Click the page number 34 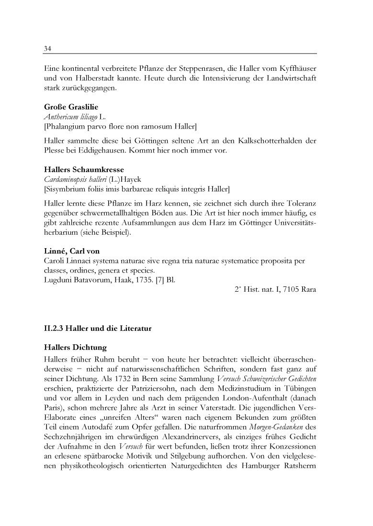pyautogui.click(x=48, y=48)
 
